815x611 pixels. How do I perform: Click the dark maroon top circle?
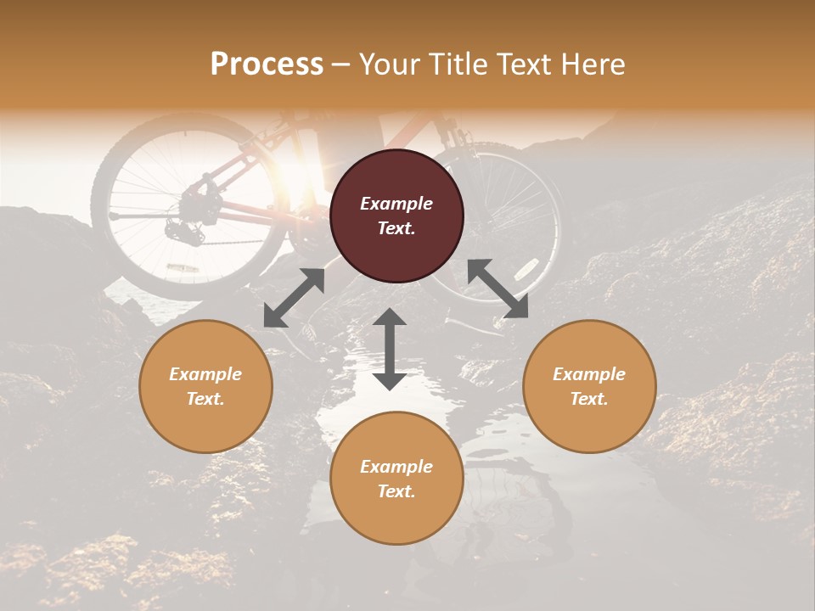396,216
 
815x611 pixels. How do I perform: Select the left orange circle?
205,386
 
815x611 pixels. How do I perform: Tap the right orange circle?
589,386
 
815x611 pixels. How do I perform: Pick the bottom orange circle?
396,479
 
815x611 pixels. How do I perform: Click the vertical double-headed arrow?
390,349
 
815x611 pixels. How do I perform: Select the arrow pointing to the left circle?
294,298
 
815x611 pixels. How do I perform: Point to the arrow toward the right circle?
497,289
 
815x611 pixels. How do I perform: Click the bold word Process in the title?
267,64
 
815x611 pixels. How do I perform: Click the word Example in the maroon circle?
396,204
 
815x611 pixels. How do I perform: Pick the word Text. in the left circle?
205,399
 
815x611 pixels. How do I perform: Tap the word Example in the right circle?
589,374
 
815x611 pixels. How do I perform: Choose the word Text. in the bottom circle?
396,491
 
